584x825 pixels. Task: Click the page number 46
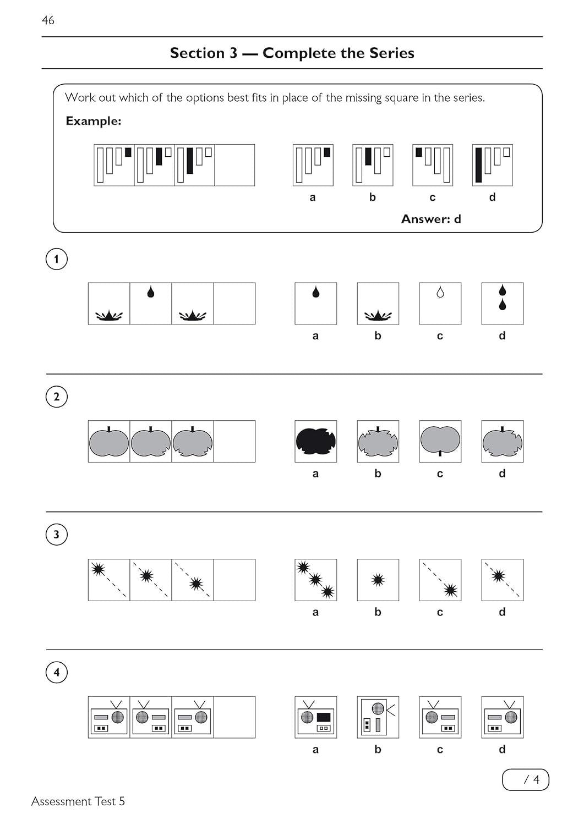48,20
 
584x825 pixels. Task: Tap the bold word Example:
93,121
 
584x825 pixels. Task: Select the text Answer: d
431,219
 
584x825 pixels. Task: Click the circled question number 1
56,259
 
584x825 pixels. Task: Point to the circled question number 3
56,535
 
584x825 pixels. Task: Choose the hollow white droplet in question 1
440,293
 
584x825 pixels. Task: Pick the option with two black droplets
502,303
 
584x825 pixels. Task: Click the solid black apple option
315,441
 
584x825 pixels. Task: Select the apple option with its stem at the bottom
440,441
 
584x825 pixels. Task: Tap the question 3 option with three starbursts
315,580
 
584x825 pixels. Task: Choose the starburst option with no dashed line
378,580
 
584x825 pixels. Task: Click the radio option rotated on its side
378,717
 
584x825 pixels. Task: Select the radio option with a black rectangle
315,717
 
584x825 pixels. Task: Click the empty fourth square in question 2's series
234,441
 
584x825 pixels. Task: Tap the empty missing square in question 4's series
234,717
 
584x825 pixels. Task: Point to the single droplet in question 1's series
151,292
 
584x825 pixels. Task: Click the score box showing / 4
525,779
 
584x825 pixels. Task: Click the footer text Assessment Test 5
78,801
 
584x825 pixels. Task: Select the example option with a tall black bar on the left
492,165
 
